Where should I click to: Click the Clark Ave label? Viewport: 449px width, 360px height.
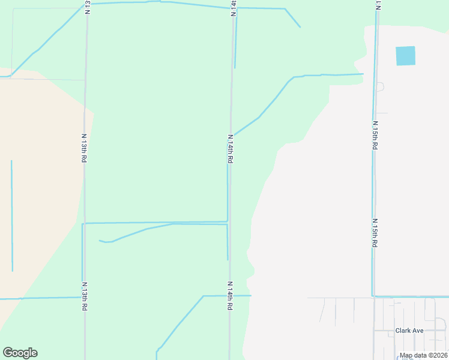(x=409, y=331)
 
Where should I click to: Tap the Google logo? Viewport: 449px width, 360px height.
(x=20, y=353)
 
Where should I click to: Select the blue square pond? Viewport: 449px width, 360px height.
(x=405, y=56)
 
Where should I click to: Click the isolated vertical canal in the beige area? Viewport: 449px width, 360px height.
(x=12, y=216)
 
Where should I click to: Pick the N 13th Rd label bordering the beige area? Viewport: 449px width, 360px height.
(x=85, y=148)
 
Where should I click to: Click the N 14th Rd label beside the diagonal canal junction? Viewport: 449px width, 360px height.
(x=229, y=149)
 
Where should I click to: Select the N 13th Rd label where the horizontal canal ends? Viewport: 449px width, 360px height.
(x=85, y=296)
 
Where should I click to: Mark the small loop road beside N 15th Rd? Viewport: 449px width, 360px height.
(x=380, y=87)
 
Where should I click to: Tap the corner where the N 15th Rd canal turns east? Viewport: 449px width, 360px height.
(x=373, y=296)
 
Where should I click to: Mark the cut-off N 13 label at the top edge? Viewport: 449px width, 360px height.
(x=88, y=7)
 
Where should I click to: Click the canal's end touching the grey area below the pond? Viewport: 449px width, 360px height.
(x=363, y=74)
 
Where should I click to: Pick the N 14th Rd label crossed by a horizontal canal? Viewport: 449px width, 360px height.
(x=229, y=295)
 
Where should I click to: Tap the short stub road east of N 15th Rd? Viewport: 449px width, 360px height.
(x=382, y=113)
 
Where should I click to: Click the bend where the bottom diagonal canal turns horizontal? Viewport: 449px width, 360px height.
(x=203, y=296)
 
